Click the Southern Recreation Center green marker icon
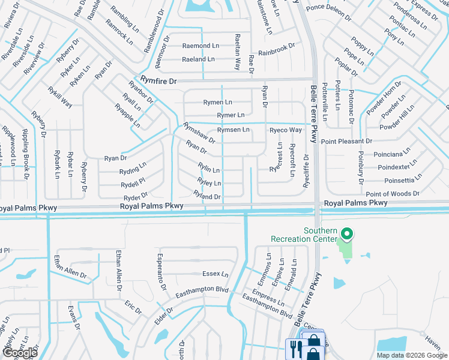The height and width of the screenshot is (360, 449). point(345,233)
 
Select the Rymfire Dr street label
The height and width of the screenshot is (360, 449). point(160,79)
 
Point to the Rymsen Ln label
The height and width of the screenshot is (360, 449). point(233,130)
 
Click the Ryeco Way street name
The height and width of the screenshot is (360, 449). point(285,130)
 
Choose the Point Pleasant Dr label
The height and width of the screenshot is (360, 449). point(346,141)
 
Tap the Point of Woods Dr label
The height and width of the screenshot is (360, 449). point(393,194)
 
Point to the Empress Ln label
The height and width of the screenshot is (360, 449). point(268,296)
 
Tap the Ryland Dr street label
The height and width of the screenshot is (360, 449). point(207,196)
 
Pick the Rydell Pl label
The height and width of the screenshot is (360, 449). point(133,182)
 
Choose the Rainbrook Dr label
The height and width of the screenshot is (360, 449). point(277,46)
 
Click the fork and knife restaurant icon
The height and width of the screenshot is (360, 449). point(294,346)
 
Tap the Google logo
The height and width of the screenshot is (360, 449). point(20,353)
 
